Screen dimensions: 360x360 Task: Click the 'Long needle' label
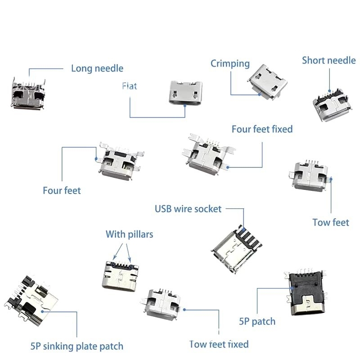click(x=97, y=68)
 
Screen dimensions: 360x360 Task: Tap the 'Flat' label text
click(x=129, y=86)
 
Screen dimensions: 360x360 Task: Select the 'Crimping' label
click(x=230, y=63)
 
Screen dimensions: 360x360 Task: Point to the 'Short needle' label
click(x=328, y=60)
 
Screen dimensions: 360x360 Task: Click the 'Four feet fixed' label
click(x=262, y=129)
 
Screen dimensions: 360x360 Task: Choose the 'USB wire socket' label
click(x=188, y=209)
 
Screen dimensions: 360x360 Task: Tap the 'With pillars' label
click(x=129, y=234)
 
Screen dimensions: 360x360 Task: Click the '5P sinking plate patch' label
click(x=76, y=346)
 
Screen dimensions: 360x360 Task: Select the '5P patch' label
click(x=257, y=321)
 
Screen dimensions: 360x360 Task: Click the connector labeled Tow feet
click(x=310, y=176)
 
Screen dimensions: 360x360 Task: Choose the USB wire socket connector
click(x=237, y=247)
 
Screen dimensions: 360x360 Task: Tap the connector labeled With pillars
click(x=120, y=275)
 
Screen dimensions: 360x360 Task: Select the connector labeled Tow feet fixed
click(x=163, y=305)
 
